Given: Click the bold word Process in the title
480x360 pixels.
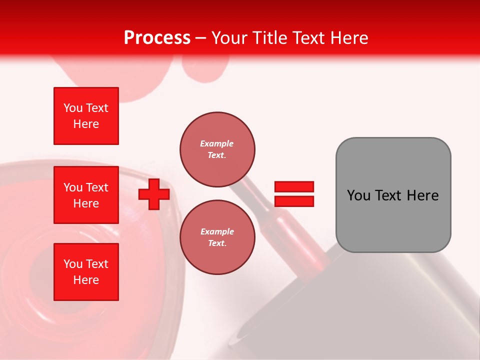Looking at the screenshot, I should click(157, 38).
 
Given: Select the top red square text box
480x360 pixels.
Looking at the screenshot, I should click(86, 116).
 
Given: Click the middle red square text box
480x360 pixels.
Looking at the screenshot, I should click(86, 195).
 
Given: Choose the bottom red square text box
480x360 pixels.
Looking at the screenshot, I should click(86, 272).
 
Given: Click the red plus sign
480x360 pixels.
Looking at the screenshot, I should click(154, 194).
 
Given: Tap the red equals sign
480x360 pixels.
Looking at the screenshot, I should click(294, 194).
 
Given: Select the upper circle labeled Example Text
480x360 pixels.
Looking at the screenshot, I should click(217, 149).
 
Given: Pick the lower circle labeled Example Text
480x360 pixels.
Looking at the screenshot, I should click(217, 237).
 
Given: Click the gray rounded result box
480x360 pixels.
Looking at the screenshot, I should click(393, 195).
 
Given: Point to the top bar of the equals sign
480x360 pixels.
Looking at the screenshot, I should click(294, 187).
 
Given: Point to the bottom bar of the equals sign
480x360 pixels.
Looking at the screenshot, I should click(294, 201).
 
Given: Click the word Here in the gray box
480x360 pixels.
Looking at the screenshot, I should click(422, 195).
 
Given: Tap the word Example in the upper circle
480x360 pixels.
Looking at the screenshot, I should click(217, 144).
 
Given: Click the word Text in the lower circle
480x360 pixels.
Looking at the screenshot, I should click(216, 243).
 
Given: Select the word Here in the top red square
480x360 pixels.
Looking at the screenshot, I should click(86, 124).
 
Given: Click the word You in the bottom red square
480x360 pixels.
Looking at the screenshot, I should click(73, 264).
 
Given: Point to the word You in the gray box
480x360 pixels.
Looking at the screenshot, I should click(358, 195).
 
